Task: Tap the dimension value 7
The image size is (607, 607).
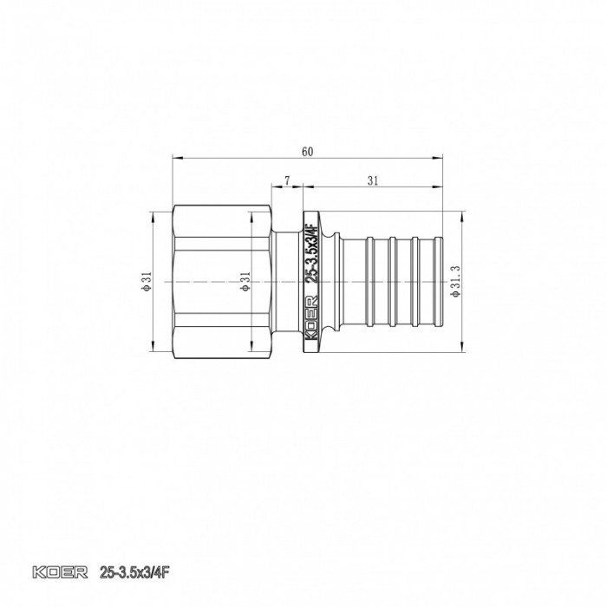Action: point(287,180)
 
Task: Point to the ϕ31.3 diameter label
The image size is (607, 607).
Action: point(453,283)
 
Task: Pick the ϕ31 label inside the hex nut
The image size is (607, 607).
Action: point(245,283)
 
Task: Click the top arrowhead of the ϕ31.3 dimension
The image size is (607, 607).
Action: point(460,213)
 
